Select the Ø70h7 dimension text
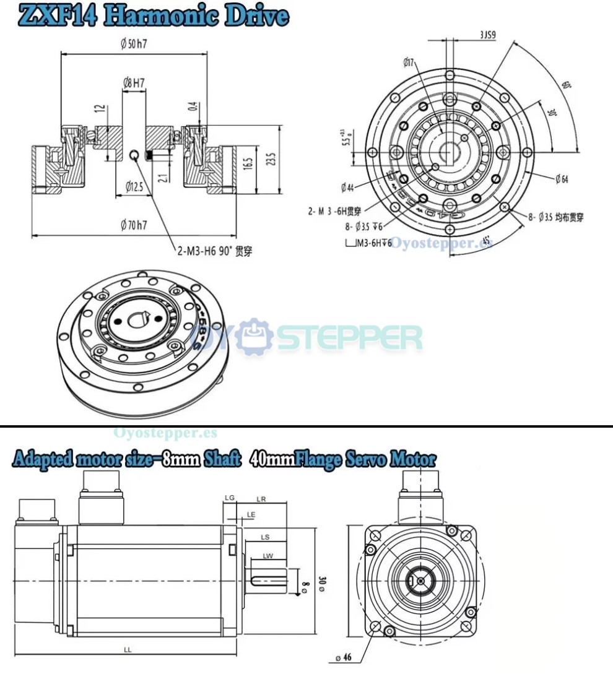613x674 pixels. point(134,225)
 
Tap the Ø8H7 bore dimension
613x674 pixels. point(134,82)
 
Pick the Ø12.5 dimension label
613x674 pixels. point(134,186)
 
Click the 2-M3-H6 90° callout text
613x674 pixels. point(214,251)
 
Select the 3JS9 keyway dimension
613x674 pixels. point(487,35)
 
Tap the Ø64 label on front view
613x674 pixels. point(562,179)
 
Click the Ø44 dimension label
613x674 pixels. point(347,187)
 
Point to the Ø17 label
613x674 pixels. point(408,62)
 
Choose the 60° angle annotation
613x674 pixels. point(565,85)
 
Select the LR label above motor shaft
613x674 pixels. point(261,498)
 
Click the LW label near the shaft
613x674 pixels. point(267,556)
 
